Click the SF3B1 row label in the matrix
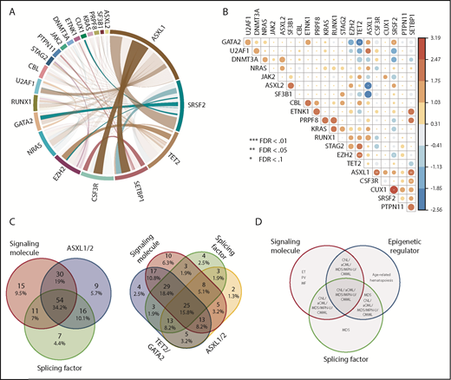tap(269, 93)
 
